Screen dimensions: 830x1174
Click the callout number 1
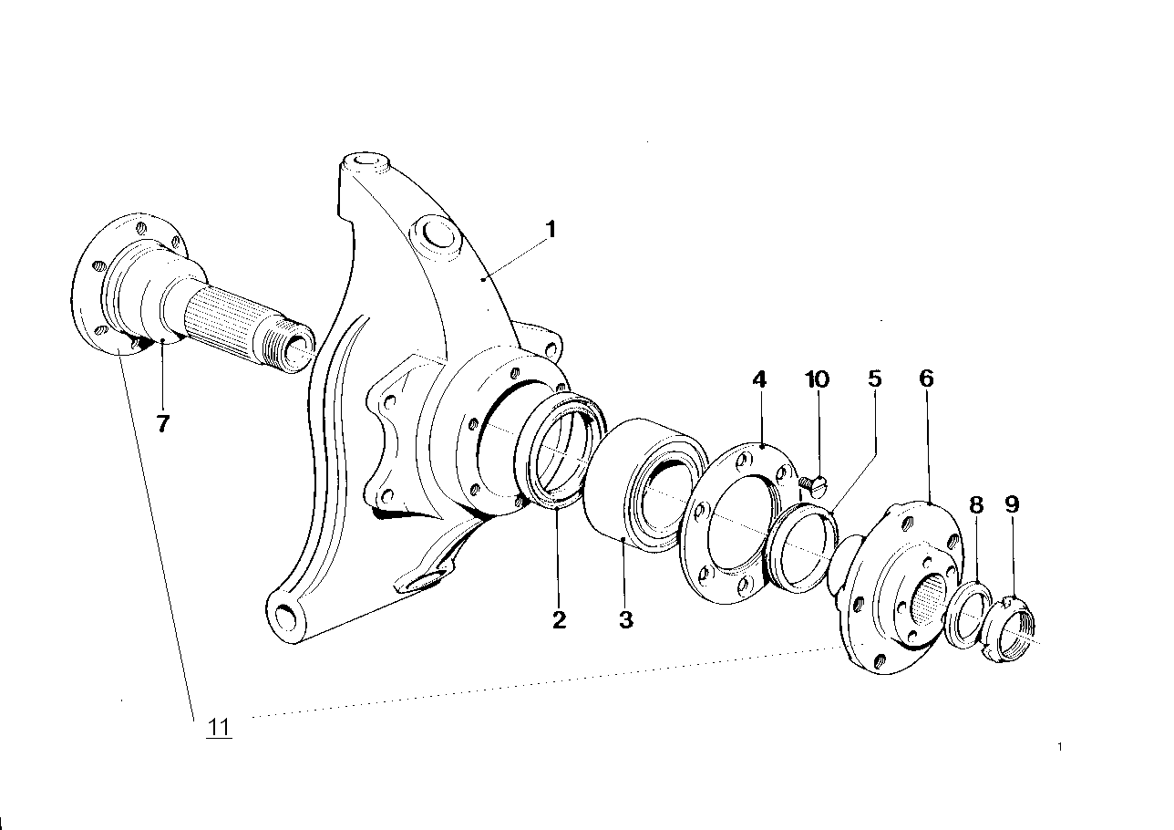[550, 228]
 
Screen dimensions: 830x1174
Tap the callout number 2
[559, 620]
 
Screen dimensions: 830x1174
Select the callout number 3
[625, 620]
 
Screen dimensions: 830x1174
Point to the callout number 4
[760, 379]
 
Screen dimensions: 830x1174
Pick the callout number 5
[875, 379]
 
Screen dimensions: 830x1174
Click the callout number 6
[926, 379]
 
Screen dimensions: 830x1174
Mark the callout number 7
[162, 423]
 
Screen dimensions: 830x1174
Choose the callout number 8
[976, 504]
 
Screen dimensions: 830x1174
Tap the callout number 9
[1011, 504]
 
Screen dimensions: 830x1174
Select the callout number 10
[818, 379]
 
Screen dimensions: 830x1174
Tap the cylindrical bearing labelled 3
[638, 488]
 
